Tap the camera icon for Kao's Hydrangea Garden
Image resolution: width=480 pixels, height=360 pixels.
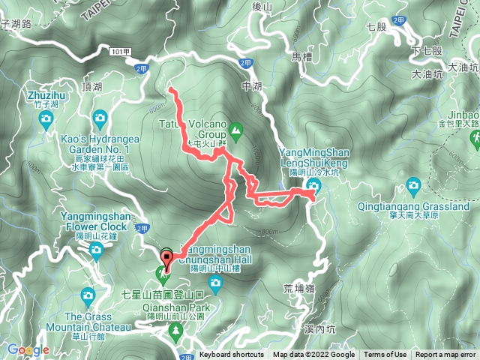[100, 118]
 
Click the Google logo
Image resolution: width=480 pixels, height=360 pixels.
[28, 349]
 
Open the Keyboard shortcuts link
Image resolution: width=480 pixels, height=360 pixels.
[232, 355]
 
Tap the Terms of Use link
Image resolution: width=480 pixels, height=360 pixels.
[385, 355]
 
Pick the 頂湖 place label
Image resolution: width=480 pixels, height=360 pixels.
[93, 87]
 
